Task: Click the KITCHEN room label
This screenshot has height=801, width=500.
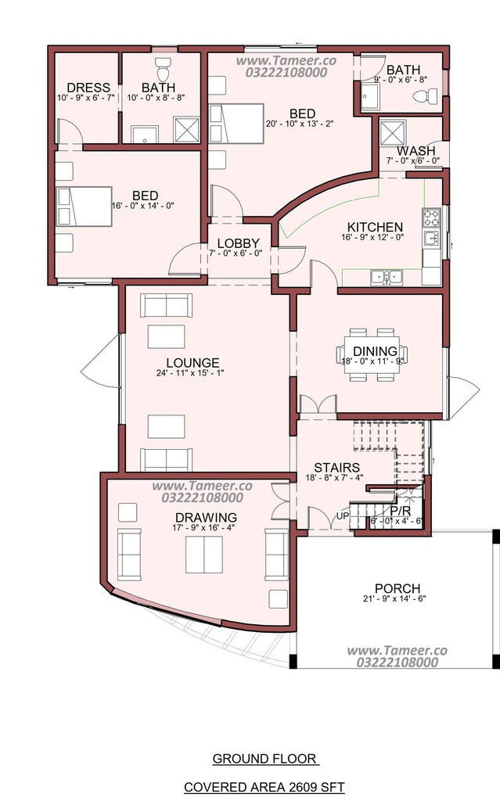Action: [375, 227]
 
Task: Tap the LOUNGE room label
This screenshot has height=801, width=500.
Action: [192, 363]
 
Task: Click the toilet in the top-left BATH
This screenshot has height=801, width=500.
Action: [163, 66]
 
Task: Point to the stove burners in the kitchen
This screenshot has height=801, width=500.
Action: [431, 217]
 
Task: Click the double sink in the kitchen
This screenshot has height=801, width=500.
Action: [387, 278]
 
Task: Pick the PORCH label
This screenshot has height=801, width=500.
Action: [397, 588]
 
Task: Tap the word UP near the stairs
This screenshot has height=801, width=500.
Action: [343, 516]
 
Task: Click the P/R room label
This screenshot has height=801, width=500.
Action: [401, 511]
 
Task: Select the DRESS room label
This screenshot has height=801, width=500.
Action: [88, 88]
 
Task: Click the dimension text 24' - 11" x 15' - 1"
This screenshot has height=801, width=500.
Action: [190, 373]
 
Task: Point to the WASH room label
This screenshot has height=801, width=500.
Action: [415, 151]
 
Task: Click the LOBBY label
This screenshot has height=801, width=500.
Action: [238, 243]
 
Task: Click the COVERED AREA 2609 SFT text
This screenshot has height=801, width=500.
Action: [264, 787]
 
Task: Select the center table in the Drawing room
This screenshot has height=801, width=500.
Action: [203, 555]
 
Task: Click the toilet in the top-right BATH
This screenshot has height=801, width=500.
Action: [424, 95]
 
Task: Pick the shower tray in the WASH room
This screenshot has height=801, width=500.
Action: [392, 132]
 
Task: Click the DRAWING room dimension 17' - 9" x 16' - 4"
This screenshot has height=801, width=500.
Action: [203, 528]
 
